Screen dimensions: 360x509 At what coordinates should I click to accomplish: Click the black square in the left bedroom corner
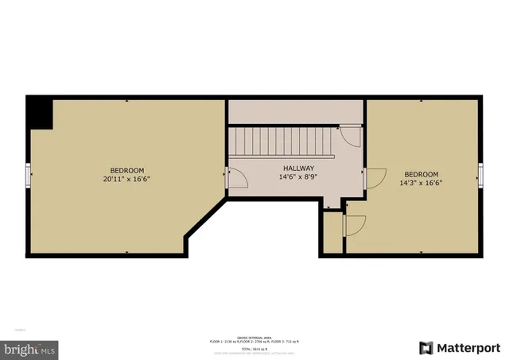click(x=39, y=113)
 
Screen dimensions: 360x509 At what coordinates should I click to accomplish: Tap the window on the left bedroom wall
click(x=28, y=175)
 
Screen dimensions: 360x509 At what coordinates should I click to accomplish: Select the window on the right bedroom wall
click(x=481, y=175)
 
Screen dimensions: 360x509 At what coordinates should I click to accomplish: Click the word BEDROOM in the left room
click(x=126, y=170)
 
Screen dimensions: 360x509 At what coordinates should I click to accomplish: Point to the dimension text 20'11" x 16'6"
click(x=126, y=179)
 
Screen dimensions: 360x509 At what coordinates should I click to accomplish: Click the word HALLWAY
click(x=298, y=168)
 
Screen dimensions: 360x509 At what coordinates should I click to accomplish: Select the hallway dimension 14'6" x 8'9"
click(x=298, y=177)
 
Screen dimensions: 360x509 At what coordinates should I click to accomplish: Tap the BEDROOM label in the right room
click(x=421, y=174)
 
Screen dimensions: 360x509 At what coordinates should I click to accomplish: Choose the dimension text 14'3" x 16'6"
click(x=421, y=183)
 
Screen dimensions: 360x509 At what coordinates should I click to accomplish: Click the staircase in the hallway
click(x=283, y=142)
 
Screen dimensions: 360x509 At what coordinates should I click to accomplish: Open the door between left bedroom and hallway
click(x=235, y=180)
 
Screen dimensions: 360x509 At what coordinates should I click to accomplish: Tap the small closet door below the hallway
click(x=354, y=226)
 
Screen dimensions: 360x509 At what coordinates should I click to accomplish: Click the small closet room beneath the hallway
click(x=332, y=232)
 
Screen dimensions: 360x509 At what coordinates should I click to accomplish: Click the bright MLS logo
click(x=30, y=348)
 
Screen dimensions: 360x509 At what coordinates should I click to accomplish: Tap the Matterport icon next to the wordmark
click(x=426, y=347)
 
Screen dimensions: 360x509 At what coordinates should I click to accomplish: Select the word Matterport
click(x=466, y=347)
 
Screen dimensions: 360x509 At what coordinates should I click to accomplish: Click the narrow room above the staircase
click(x=296, y=111)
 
